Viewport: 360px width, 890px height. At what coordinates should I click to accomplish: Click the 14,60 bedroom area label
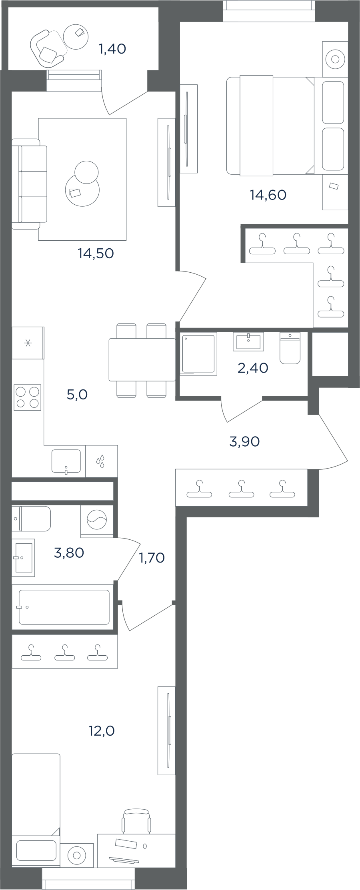point(268,195)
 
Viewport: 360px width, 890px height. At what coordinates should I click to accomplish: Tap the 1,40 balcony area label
point(112,49)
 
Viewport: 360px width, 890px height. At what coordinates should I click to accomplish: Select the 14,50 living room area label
point(96,253)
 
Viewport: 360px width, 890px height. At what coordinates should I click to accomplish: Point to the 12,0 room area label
point(102,731)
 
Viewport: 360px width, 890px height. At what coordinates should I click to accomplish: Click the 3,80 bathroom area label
point(69,553)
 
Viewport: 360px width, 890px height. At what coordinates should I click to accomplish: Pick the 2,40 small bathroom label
point(253,368)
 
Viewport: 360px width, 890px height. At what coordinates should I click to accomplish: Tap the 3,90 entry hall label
point(245,441)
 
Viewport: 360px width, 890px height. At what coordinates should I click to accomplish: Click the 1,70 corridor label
point(152,557)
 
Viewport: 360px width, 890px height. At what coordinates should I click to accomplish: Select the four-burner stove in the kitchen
point(28,397)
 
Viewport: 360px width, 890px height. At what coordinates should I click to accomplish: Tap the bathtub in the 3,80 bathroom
point(64,607)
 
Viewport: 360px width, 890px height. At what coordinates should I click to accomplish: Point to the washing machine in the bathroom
point(97,521)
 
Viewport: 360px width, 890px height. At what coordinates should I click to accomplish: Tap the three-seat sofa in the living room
point(29,184)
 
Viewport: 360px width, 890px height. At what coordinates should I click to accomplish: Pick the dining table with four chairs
point(142,360)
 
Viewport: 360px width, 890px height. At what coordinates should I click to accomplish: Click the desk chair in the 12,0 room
point(136,820)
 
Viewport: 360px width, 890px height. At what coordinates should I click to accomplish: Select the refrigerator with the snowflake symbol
point(28,343)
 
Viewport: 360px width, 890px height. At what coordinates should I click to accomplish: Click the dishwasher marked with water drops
point(102,461)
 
